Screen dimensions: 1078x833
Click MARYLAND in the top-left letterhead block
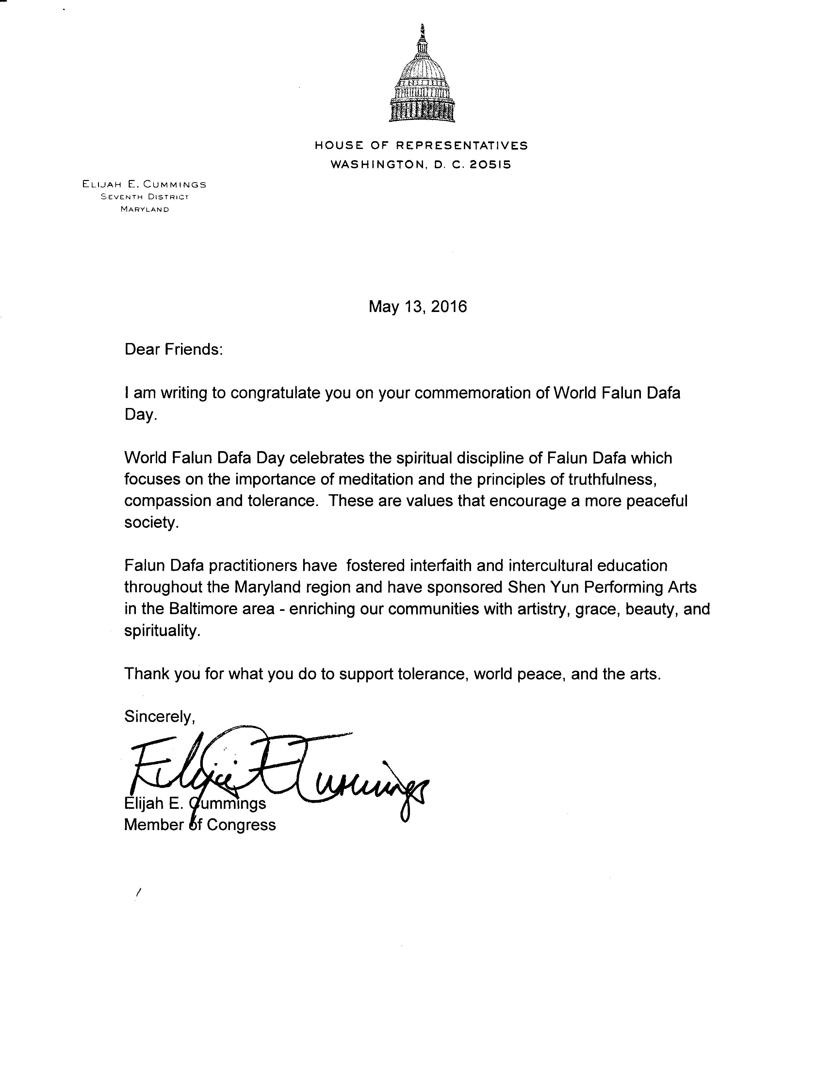point(145,209)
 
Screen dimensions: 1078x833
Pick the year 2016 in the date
point(449,307)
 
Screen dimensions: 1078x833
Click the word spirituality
point(162,630)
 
